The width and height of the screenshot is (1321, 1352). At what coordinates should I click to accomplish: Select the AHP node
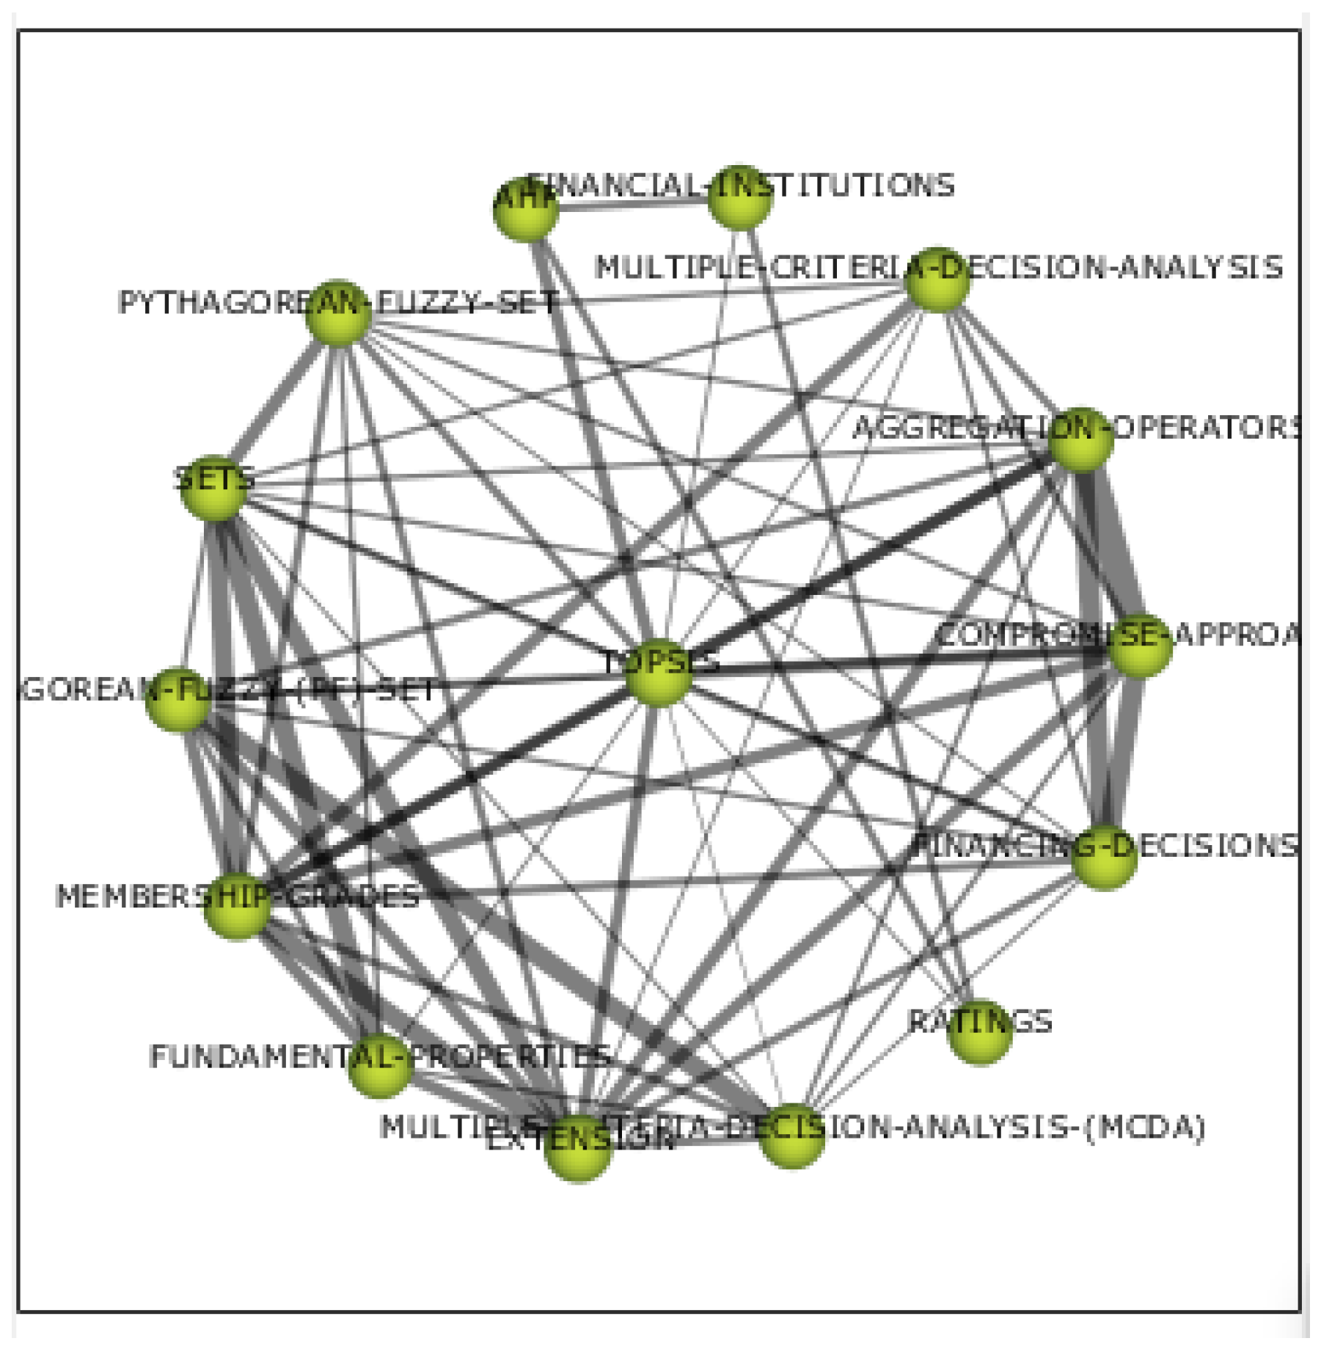click(x=526, y=210)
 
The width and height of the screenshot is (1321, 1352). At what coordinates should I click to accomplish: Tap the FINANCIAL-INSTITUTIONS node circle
click(x=740, y=198)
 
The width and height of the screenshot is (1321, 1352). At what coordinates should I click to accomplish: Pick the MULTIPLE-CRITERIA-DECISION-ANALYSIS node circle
click(x=937, y=280)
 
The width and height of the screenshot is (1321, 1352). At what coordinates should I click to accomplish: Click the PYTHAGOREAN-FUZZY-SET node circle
click(x=338, y=313)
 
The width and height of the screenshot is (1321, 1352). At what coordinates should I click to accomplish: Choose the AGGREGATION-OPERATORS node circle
click(x=1081, y=440)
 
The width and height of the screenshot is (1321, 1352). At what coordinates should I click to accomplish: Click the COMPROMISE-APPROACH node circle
click(x=1139, y=646)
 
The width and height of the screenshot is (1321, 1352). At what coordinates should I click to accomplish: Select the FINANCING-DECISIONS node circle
click(x=1104, y=857)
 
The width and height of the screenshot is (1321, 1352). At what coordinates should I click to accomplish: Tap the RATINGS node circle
click(x=980, y=1031)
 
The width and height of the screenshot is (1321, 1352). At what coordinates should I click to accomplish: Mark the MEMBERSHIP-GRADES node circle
click(x=236, y=906)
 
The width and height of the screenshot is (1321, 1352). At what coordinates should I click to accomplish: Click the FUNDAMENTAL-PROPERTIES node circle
click(x=379, y=1066)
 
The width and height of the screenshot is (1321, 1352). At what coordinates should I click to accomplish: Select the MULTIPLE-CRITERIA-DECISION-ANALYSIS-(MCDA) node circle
click(x=791, y=1136)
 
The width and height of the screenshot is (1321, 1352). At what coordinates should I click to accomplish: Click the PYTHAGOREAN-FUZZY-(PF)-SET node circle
click(x=178, y=699)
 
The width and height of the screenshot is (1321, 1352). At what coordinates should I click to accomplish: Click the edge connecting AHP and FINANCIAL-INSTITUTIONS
click(x=633, y=206)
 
